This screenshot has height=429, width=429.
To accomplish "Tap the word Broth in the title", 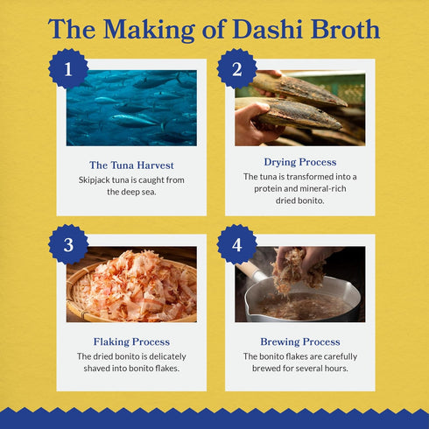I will tap(345, 29).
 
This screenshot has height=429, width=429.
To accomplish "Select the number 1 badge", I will tap(68, 69).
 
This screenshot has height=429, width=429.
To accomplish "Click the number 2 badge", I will tap(236, 69).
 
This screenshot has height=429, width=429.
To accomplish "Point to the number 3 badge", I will tap(68, 244).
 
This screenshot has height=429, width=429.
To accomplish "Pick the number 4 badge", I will tap(236, 244).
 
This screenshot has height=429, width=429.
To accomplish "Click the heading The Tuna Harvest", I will tap(130, 165).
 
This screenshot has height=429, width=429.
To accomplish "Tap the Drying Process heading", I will tap(300, 162).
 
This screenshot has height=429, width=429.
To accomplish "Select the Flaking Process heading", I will tap(131, 341).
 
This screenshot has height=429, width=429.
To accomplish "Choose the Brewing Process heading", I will tap(299, 341).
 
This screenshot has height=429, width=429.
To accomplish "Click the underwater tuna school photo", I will tap(131, 108).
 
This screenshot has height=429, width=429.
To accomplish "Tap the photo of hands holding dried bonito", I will tap(299, 108).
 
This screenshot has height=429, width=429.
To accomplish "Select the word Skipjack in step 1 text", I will tap(95, 179).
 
